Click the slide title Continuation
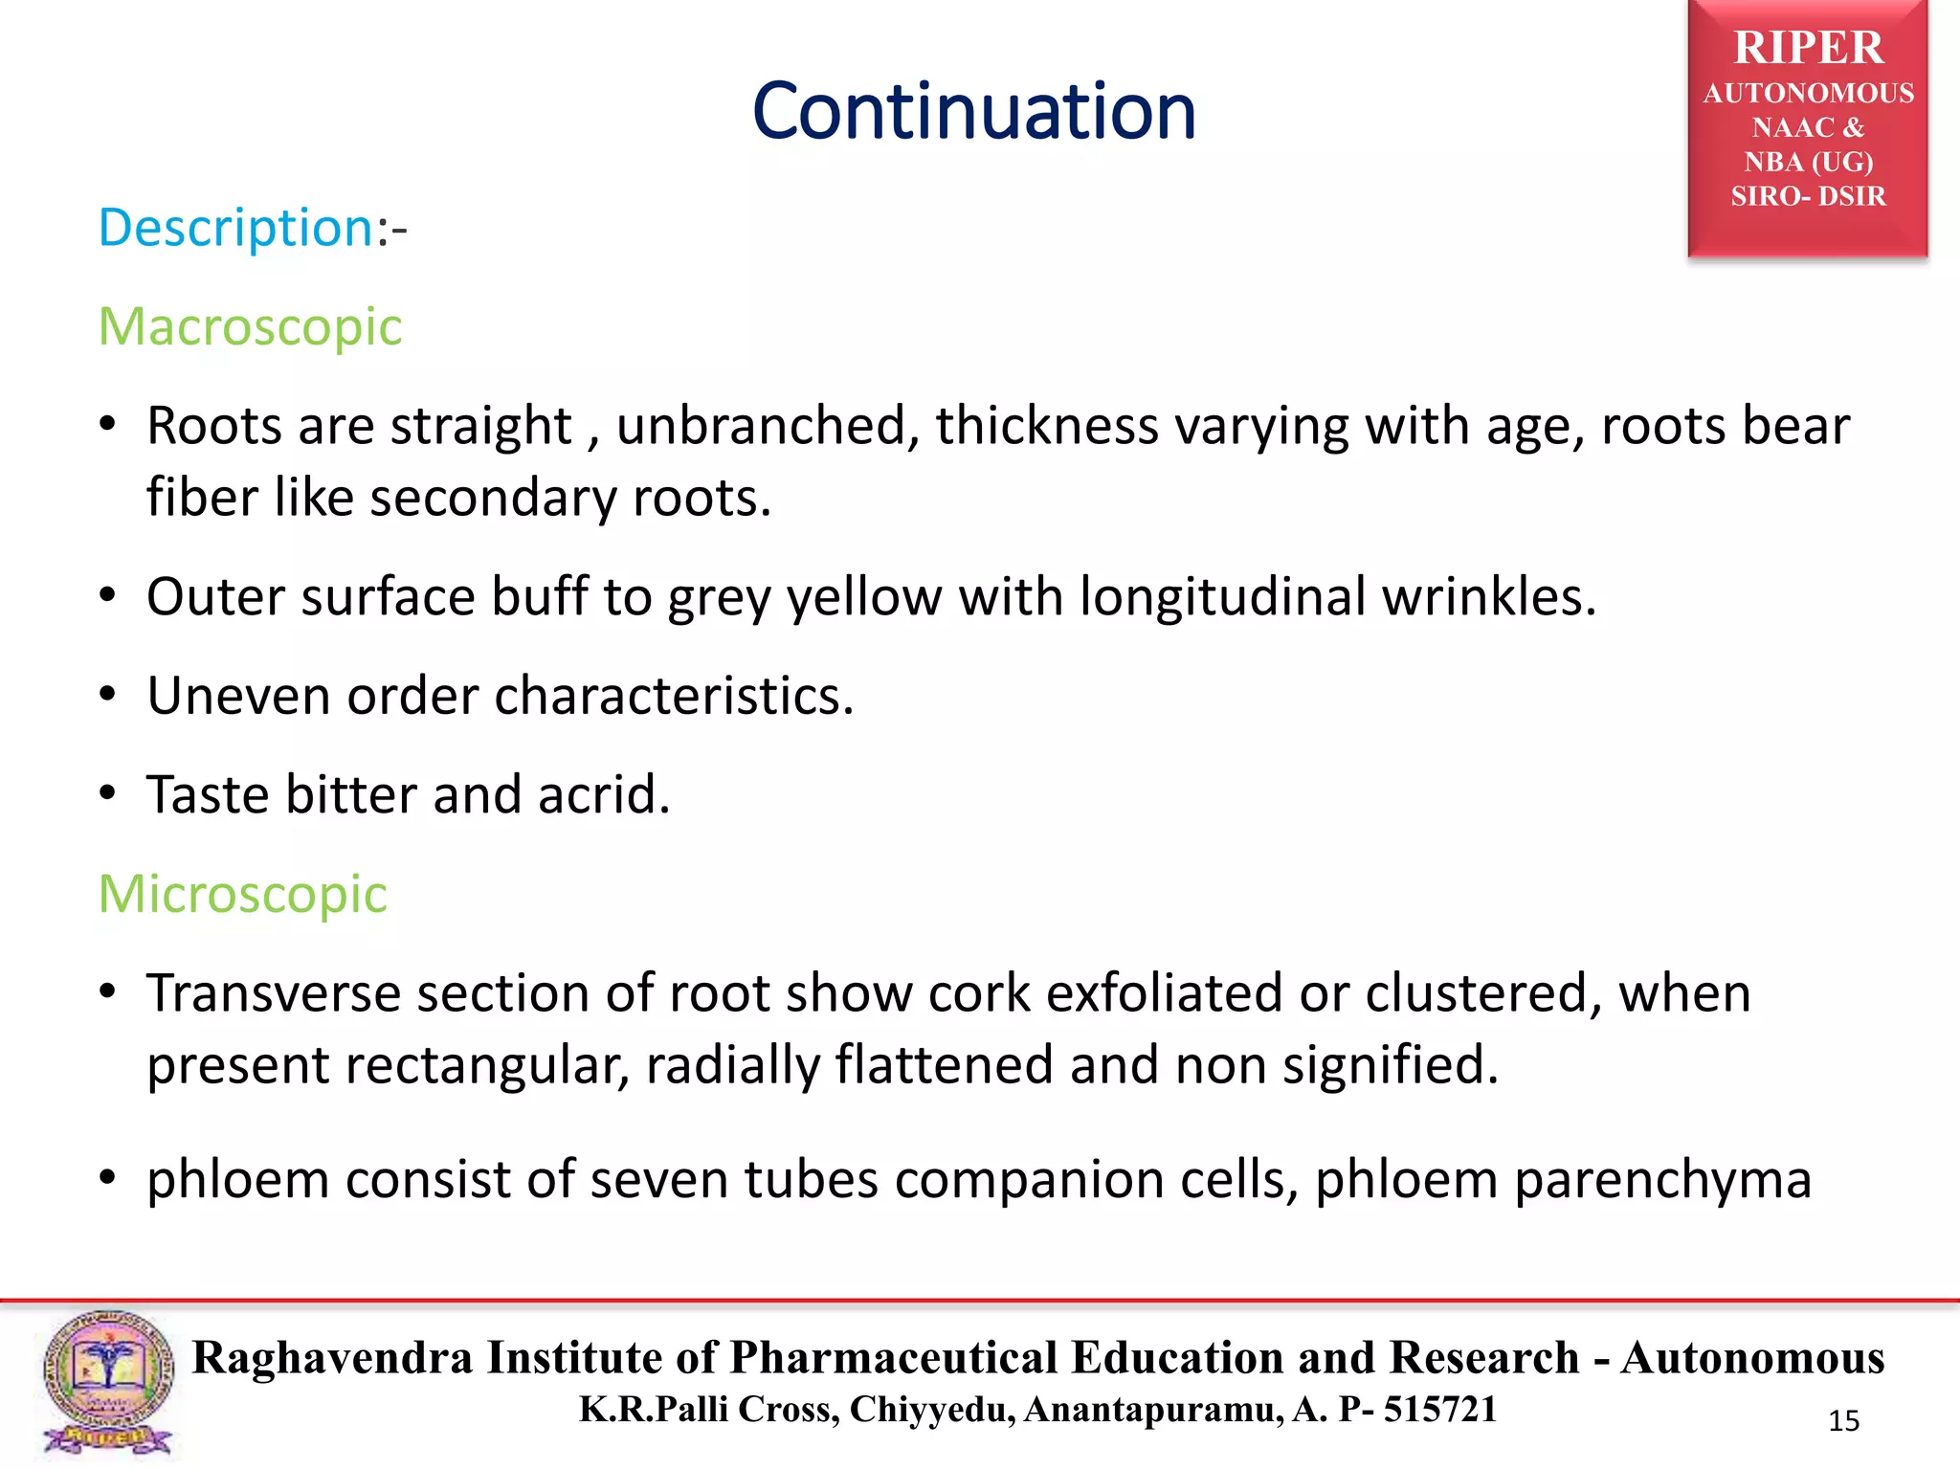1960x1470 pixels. [973, 112]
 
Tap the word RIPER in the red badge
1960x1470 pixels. [1808, 48]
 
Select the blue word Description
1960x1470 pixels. [235, 229]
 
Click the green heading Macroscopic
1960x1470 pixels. [250, 327]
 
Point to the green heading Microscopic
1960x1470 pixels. [242, 895]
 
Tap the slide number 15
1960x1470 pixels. [1843, 1421]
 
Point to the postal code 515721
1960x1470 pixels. [1439, 1410]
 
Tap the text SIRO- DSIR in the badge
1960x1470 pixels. [1808, 196]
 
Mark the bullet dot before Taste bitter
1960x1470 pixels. [108, 793]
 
